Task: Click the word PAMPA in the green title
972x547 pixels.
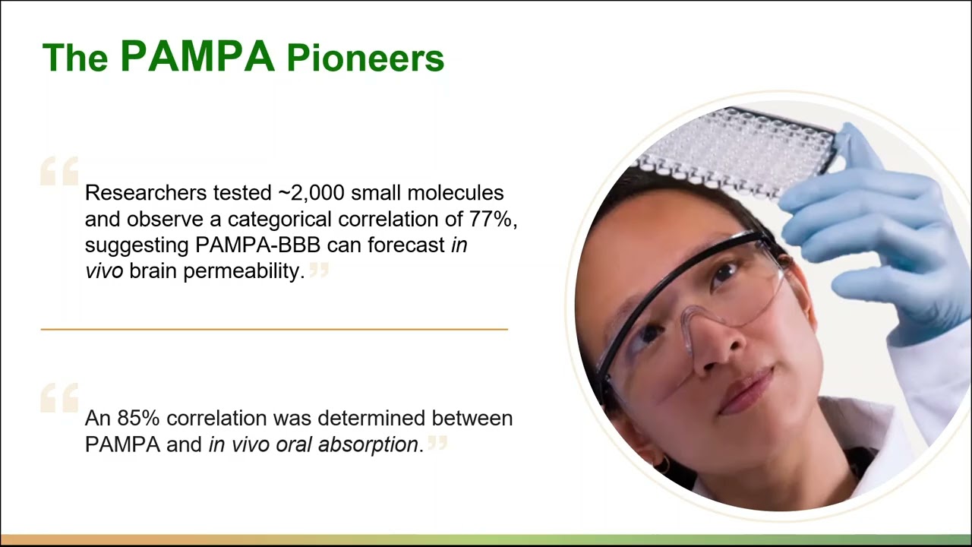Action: (x=197, y=56)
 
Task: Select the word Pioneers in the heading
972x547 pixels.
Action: (x=365, y=59)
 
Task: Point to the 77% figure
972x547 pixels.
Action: (x=494, y=220)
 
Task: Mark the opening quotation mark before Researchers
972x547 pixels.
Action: (x=59, y=171)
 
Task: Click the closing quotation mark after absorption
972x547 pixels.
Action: (x=437, y=441)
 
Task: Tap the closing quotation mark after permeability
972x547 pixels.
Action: (x=319, y=269)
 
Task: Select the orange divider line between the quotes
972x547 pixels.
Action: (x=273, y=329)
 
